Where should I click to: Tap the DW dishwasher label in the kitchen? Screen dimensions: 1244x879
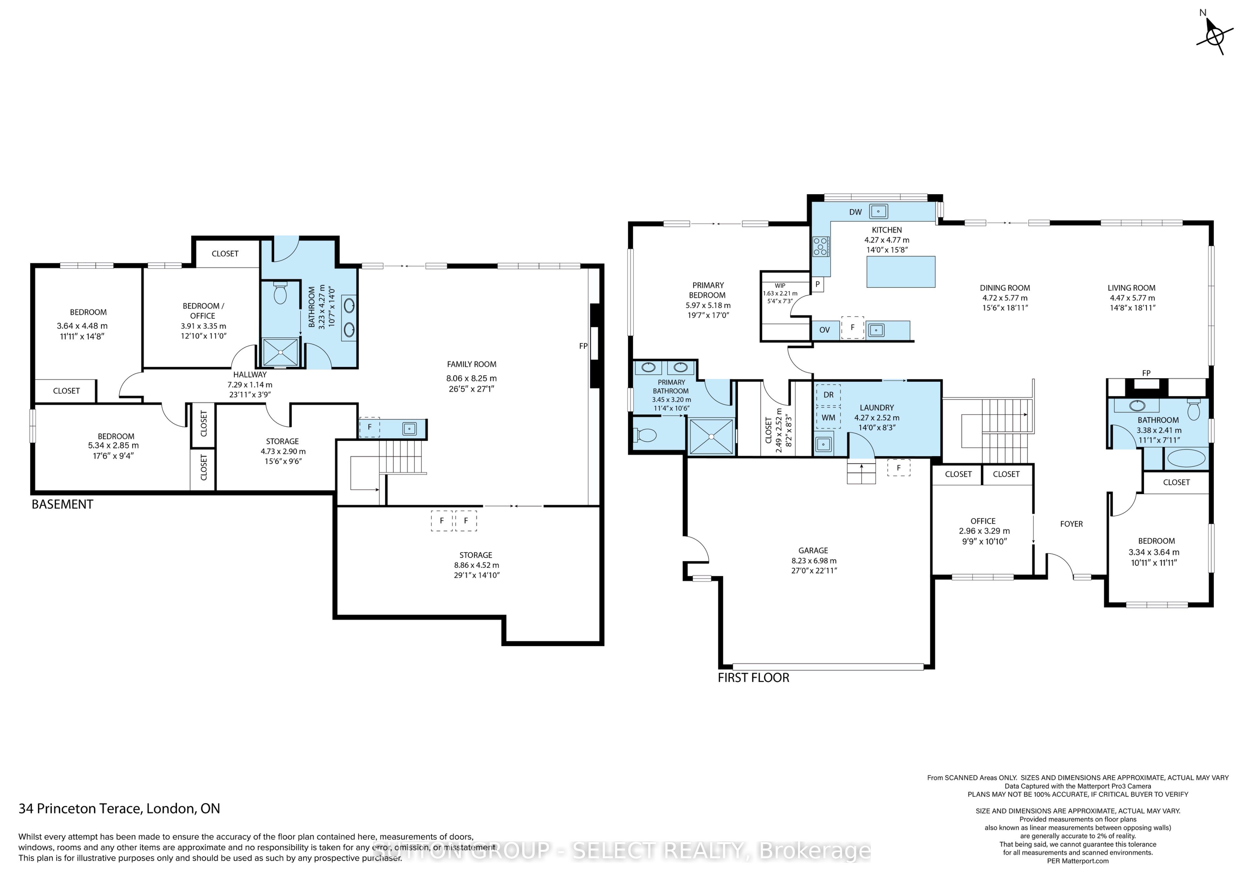click(856, 212)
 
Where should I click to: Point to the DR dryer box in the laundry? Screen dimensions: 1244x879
click(828, 395)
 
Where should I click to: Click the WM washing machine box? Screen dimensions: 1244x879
click(828, 418)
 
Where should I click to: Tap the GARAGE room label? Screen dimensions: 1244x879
click(813, 550)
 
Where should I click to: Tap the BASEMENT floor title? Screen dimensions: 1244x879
click(62, 504)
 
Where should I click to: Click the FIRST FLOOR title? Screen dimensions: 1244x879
click(753, 678)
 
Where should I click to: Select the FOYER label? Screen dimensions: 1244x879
click(1071, 524)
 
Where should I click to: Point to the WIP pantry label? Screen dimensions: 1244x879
click(780, 286)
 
